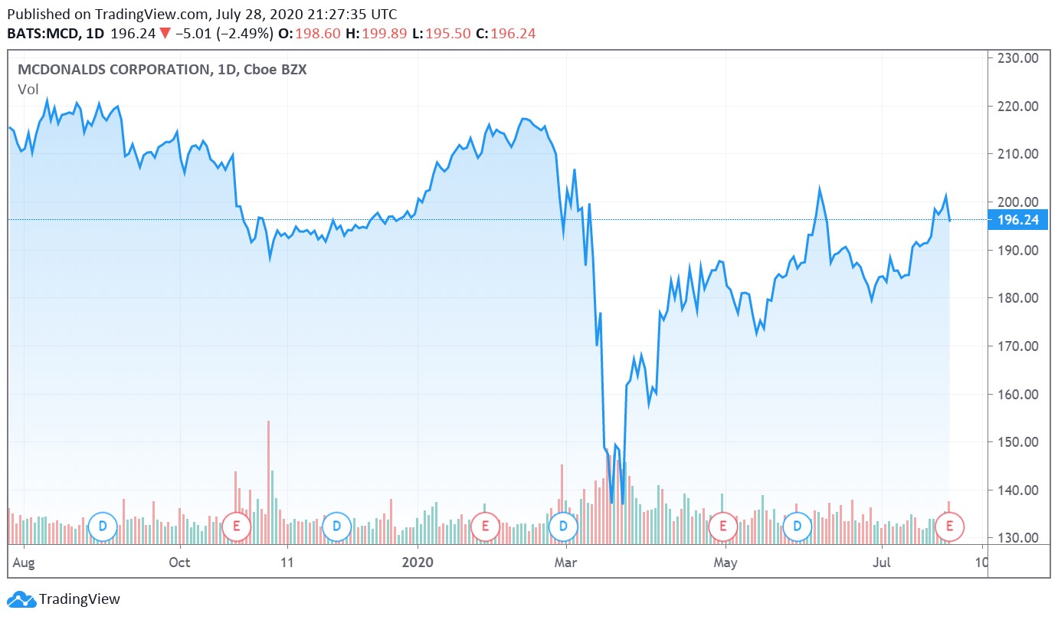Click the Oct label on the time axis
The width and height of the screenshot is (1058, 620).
179,563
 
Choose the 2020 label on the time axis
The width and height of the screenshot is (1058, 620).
418,563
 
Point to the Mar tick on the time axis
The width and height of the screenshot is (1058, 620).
566,563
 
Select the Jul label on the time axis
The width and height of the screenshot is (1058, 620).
883,563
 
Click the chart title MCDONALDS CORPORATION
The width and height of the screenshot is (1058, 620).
112,70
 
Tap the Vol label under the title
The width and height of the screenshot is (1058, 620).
28,90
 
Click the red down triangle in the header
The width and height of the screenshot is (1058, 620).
165,34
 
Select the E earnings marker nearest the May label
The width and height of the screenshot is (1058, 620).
722,527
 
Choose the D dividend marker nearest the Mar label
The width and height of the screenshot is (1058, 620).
563,527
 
